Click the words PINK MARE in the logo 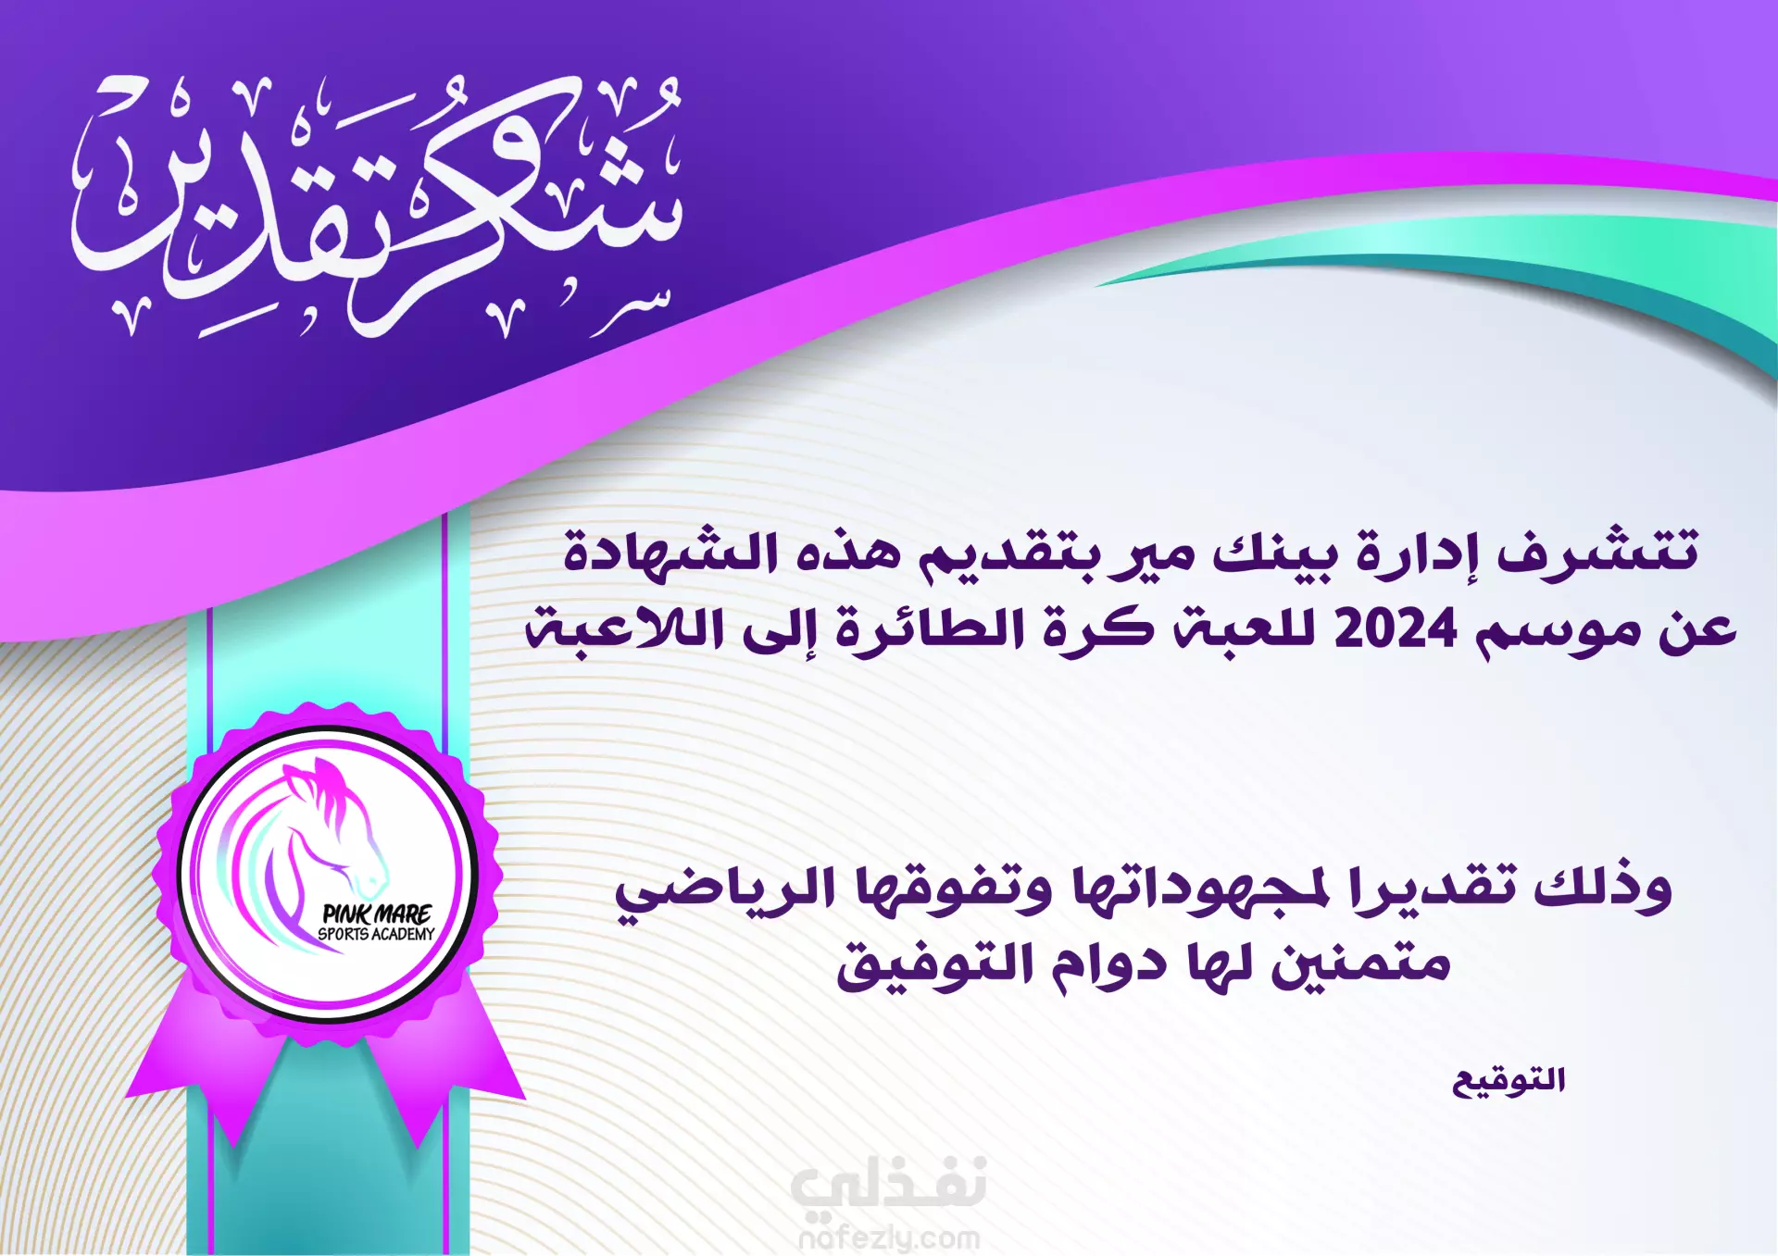point(377,914)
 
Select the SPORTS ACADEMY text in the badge point(376,935)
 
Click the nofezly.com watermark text point(889,1237)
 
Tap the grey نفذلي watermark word point(889,1185)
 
